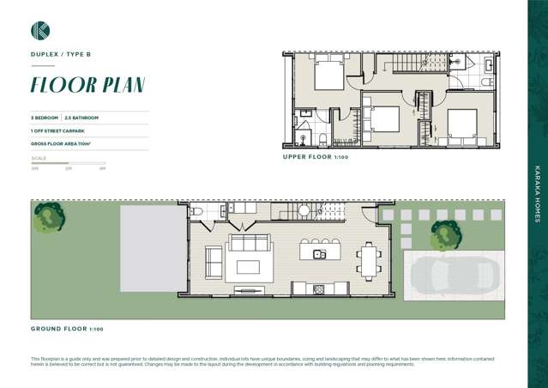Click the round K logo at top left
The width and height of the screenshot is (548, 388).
(39, 31)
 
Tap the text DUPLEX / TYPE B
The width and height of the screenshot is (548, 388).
(60, 54)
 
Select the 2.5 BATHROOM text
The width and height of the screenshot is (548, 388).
(82, 118)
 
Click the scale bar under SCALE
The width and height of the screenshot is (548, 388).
(68, 162)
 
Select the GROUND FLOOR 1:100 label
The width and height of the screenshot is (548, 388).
(67, 329)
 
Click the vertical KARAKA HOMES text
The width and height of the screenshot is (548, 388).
(537, 190)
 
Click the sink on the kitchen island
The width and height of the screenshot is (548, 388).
(319, 254)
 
